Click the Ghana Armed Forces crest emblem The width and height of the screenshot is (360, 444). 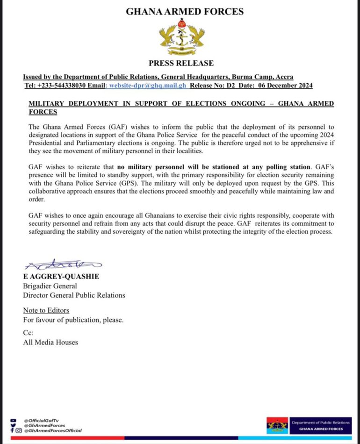[181, 37]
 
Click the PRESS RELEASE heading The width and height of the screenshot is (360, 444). [181, 63]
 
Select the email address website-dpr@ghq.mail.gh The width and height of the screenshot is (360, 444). [147, 86]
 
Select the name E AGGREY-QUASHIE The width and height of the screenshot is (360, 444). [61, 277]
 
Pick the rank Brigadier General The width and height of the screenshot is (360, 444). [50, 286]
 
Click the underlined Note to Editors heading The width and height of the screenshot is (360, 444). [46, 310]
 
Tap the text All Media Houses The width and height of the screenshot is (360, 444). [50, 342]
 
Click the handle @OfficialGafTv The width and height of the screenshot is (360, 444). [41, 420]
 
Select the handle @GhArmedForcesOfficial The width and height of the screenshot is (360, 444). [53, 430]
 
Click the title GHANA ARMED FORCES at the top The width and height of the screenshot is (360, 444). [184, 12]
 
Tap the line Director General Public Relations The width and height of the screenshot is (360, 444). [74, 295]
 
